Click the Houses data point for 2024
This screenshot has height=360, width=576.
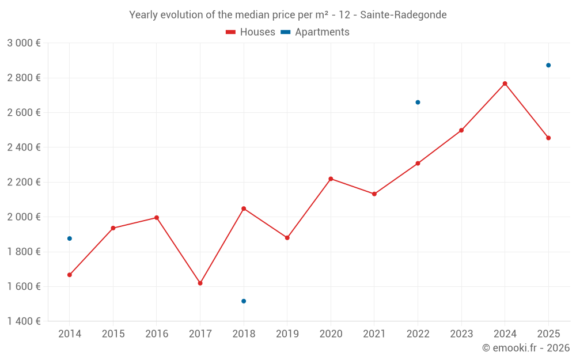(505, 84)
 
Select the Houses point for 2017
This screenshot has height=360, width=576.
(200, 283)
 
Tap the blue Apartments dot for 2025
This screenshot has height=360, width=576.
(548, 65)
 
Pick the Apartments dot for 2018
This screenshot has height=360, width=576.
(244, 301)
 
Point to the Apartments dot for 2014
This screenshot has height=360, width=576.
(70, 238)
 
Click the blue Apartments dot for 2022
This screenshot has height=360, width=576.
(418, 103)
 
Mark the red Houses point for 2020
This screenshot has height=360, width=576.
(331, 179)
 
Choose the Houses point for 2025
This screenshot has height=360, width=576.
(548, 138)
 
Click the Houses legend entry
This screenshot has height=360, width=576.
(251, 32)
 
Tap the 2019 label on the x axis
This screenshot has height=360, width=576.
(287, 334)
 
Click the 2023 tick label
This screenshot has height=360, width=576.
(461, 334)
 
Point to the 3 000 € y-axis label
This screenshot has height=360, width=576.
(24, 43)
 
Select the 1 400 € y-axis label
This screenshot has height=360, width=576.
(24, 321)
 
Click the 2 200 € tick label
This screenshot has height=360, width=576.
(24, 182)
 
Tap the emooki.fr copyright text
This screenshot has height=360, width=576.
(525, 348)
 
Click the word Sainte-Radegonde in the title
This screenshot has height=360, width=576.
(403, 15)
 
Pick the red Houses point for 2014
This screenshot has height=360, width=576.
(70, 275)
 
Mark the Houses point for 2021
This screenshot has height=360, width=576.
(374, 194)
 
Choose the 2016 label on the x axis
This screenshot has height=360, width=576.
(157, 334)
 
